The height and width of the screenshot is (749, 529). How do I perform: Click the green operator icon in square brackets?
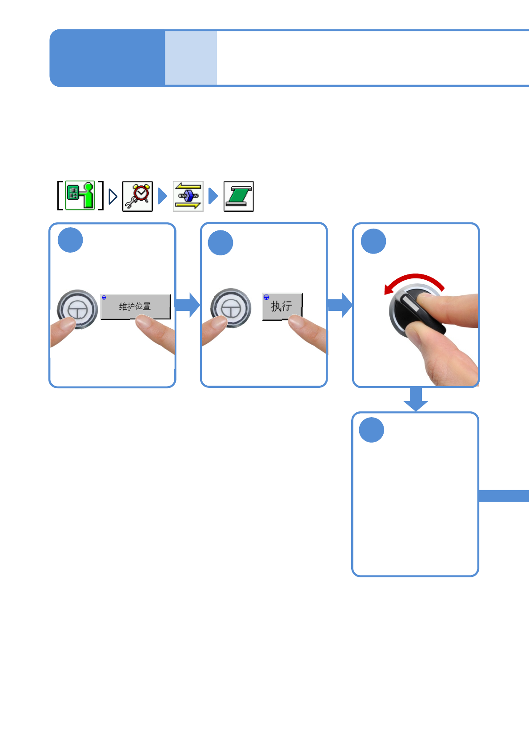(x=80, y=196)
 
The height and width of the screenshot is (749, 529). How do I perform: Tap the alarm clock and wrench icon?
(x=137, y=196)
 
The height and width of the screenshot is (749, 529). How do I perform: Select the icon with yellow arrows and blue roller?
(x=188, y=196)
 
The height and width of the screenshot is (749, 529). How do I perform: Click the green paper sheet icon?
(x=239, y=196)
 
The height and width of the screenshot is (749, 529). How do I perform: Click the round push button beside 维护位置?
(x=77, y=309)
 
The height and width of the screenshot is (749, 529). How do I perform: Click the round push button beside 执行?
(x=231, y=308)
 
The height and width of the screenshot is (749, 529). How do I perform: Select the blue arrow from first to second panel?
(x=188, y=305)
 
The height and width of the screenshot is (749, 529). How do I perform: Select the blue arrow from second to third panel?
(x=340, y=305)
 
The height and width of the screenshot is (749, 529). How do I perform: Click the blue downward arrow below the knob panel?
(x=416, y=399)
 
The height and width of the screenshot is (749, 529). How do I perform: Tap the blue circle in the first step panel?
(x=70, y=240)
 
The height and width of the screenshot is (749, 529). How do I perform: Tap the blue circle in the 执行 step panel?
(x=220, y=243)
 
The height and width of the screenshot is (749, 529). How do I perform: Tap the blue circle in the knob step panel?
(x=373, y=242)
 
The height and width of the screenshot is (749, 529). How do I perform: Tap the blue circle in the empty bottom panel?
(x=371, y=430)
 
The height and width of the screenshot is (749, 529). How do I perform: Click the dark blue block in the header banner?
(x=107, y=58)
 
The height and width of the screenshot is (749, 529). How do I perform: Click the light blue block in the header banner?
(x=191, y=58)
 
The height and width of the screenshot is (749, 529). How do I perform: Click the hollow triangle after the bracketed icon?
(x=113, y=196)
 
